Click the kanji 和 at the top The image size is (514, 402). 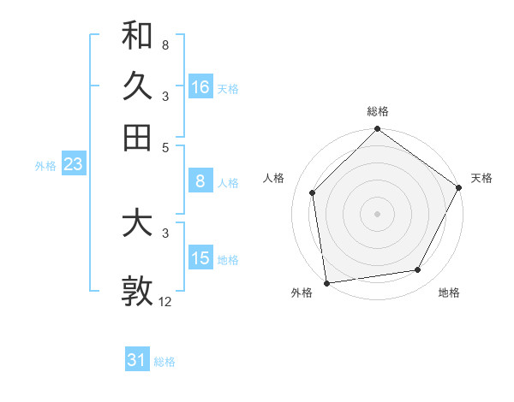[x=137, y=36]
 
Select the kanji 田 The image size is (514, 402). [x=137, y=137]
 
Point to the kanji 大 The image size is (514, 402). [x=137, y=224]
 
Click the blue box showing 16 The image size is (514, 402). [x=200, y=87]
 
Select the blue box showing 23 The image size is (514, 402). [x=73, y=164]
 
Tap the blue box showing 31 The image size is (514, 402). [x=137, y=361]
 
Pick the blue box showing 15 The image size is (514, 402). [x=200, y=258]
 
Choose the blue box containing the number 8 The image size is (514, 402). [x=200, y=181]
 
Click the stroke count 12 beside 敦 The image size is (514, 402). [x=165, y=302]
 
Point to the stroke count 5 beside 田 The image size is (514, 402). [x=165, y=147]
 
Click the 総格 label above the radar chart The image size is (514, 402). [x=378, y=111]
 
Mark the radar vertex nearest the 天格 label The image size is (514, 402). [x=459, y=188]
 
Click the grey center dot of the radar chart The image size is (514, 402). [x=378, y=213]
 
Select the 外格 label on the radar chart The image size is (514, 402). [x=302, y=293]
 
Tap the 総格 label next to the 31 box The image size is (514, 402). [x=164, y=362]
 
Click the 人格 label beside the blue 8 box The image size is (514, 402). [x=228, y=182]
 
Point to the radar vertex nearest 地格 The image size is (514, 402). [x=418, y=270]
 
